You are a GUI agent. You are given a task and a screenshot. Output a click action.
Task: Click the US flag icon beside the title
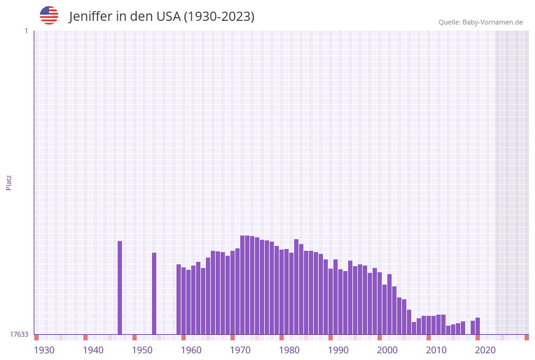tap(49, 15)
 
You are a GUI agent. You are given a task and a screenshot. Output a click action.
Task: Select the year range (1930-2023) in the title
tap(219, 17)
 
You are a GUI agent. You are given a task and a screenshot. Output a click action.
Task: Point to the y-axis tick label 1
tap(26, 31)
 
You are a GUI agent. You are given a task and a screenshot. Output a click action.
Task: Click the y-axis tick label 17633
tap(19, 334)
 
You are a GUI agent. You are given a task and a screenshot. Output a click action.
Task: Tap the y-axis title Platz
tap(9, 182)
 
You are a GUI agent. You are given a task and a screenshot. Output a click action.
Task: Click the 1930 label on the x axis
tap(44, 350)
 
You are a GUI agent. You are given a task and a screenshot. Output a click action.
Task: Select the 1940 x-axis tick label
tap(93, 350)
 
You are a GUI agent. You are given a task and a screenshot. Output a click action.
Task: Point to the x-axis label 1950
tap(142, 350)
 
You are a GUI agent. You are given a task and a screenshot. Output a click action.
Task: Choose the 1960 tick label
tap(191, 350)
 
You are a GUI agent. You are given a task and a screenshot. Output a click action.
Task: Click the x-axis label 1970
tap(240, 350)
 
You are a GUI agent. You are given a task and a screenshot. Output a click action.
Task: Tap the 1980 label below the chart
tap(289, 350)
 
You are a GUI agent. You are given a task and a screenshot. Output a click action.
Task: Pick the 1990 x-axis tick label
tap(338, 350)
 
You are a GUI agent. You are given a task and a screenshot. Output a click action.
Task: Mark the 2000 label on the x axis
tap(387, 350)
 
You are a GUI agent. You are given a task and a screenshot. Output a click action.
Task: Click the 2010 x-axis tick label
tap(436, 350)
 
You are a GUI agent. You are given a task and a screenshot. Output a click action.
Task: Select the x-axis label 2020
tap(485, 350)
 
